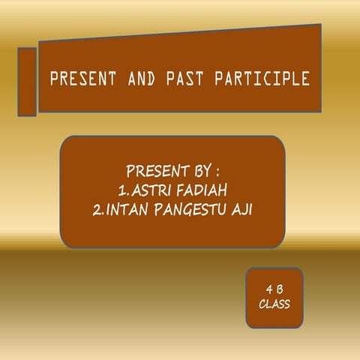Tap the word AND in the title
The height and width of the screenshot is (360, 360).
130,79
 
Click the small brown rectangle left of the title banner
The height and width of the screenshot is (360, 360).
27,82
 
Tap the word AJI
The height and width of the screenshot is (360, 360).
240,209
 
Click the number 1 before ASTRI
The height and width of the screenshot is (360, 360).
121,188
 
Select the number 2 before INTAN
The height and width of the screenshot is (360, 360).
97,209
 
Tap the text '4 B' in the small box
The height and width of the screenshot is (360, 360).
274,289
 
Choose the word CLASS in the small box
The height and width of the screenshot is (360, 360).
274,304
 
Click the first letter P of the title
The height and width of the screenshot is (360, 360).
53,79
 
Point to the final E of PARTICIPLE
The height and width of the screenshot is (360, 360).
304,79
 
